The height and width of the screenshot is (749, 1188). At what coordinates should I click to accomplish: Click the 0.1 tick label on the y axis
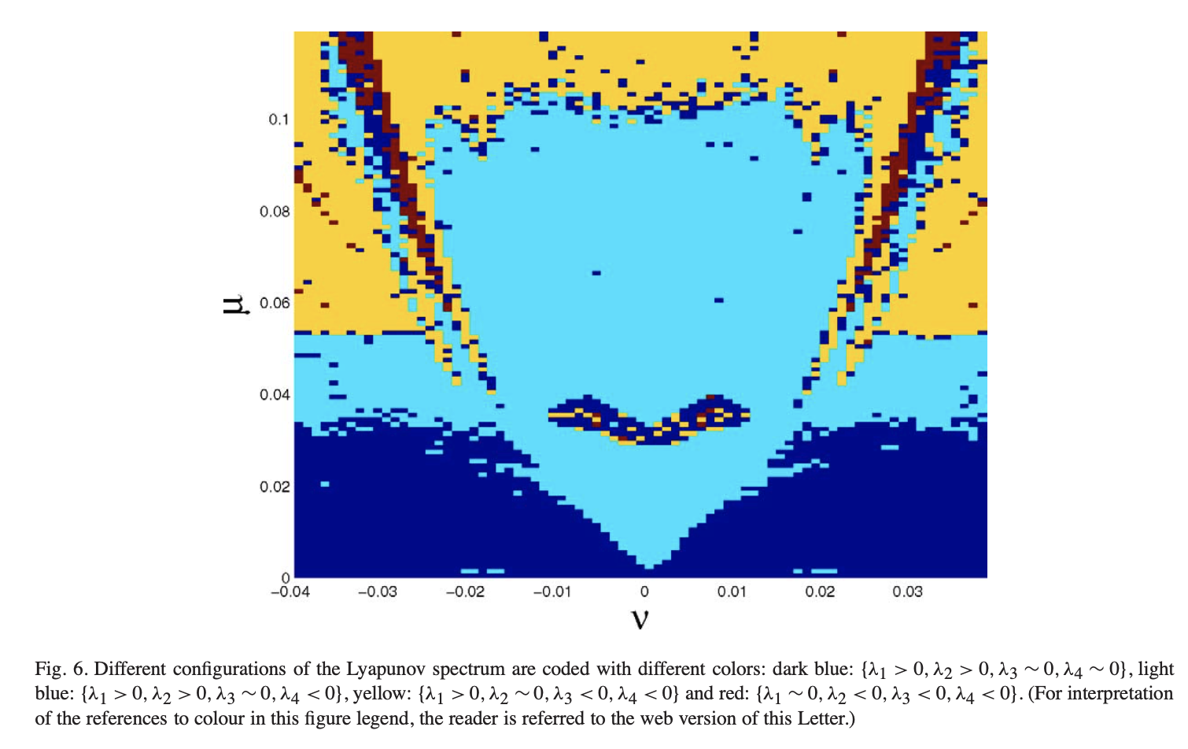(279, 120)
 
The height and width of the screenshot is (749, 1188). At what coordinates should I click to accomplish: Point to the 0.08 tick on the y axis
(275, 212)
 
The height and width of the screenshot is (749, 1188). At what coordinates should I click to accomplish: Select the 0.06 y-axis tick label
(275, 303)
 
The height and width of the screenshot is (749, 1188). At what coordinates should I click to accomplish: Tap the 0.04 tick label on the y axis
(275, 395)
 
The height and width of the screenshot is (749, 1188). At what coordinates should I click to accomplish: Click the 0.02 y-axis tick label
(275, 487)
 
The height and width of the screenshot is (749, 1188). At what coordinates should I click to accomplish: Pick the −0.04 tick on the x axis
(290, 592)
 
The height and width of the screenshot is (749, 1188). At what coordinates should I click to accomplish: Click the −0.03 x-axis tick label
(378, 592)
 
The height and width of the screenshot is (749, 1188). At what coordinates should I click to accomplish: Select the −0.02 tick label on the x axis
(465, 592)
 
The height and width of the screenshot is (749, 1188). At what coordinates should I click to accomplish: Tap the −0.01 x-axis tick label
(552, 592)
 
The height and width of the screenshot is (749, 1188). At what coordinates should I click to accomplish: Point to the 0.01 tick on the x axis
(732, 592)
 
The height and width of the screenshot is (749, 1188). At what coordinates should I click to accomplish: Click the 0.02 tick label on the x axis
(820, 592)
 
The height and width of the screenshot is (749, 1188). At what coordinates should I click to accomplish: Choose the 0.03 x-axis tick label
(907, 592)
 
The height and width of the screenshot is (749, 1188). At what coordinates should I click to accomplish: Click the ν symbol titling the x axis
(640, 620)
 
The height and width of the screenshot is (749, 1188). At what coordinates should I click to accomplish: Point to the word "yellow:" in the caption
(382, 694)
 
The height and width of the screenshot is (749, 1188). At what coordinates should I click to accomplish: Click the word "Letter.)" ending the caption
(825, 718)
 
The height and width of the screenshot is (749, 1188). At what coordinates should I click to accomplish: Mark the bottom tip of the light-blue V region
(649, 566)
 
